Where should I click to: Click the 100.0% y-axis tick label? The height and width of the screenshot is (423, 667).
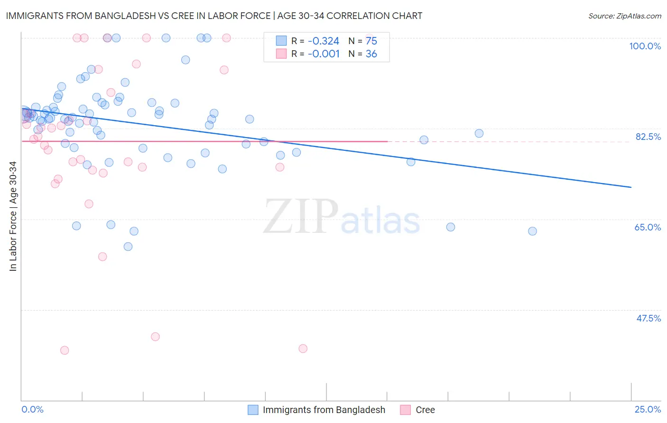click(x=645, y=46)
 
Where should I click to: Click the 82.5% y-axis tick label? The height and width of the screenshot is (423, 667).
click(x=648, y=137)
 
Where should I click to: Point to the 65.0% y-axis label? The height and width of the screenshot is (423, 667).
click(x=648, y=227)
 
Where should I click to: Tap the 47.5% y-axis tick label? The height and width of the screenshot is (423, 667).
click(x=648, y=318)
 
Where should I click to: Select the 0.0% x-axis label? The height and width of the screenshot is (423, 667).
click(x=32, y=409)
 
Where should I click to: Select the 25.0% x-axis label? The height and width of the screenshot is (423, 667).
click(x=648, y=409)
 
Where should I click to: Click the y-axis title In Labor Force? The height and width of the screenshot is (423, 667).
click(x=13, y=216)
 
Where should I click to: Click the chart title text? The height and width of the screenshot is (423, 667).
click(x=214, y=16)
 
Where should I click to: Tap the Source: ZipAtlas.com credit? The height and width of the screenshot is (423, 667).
click(x=624, y=16)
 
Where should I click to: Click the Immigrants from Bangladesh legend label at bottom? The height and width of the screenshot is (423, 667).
click(x=324, y=410)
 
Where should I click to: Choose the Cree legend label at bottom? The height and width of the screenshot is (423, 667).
click(x=425, y=410)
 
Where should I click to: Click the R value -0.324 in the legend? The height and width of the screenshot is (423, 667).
click(x=324, y=41)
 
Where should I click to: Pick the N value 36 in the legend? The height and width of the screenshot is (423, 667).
click(x=371, y=54)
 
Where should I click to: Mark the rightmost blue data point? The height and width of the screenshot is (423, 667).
click(x=532, y=231)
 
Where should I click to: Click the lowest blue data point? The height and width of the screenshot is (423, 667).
click(x=128, y=247)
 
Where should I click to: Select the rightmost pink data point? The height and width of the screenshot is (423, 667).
click(x=303, y=349)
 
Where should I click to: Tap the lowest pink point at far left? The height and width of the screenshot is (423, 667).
click(x=65, y=350)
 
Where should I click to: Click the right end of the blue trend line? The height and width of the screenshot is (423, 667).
click(x=631, y=187)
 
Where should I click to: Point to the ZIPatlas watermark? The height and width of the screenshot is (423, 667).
click(x=342, y=217)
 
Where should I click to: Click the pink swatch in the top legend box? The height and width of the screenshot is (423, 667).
click(x=281, y=54)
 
